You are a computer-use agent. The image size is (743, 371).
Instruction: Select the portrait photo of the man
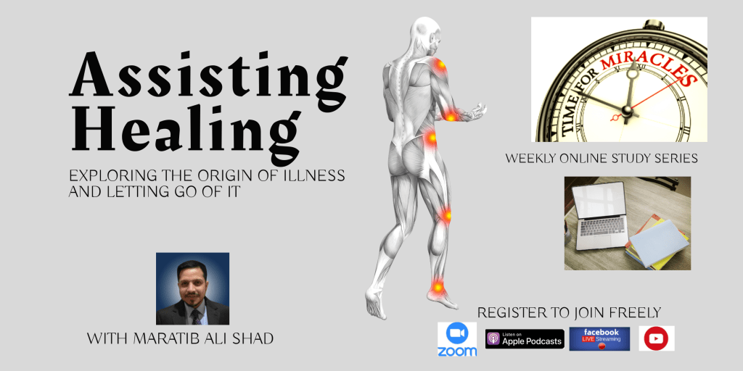(192, 288)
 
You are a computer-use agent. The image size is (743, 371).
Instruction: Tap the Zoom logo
(457, 339)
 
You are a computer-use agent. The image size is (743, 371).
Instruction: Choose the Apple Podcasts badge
(525, 338)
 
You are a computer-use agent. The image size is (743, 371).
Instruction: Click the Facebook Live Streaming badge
(599, 338)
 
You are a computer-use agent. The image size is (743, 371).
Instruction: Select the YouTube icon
(656, 338)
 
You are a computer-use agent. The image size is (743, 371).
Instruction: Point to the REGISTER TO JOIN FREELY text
(569, 313)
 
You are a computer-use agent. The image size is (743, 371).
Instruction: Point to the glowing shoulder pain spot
(440, 65)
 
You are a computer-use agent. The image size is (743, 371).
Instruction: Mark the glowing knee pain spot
(446, 214)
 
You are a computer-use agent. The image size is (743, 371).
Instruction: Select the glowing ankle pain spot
(438, 287)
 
